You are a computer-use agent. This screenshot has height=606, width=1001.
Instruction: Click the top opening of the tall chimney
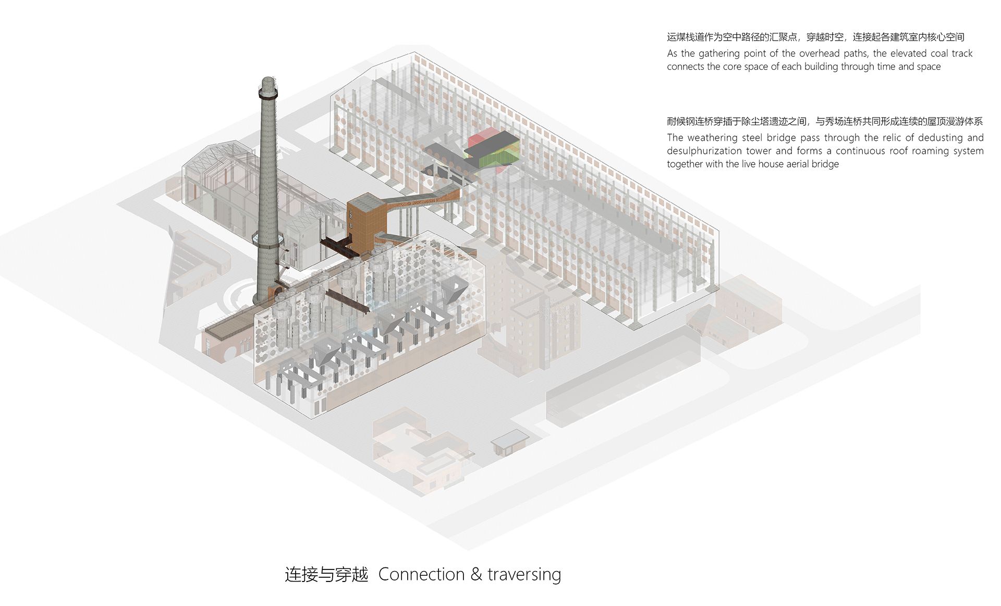pyautogui.click(x=267, y=80)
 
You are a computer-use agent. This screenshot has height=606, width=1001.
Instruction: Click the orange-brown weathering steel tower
pyautogui.click(x=365, y=219)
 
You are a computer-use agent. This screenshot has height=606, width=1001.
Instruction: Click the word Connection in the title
pyautogui.click(x=421, y=574)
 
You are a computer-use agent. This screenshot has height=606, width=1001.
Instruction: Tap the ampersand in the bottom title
pyautogui.click(x=476, y=574)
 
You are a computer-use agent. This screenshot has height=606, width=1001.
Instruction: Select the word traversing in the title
pyautogui.click(x=524, y=575)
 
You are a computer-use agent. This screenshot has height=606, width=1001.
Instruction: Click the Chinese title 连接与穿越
pyautogui.click(x=326, y=575)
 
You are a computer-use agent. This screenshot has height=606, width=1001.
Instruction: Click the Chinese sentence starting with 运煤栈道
pyautogui.click(x=815, y=37)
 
